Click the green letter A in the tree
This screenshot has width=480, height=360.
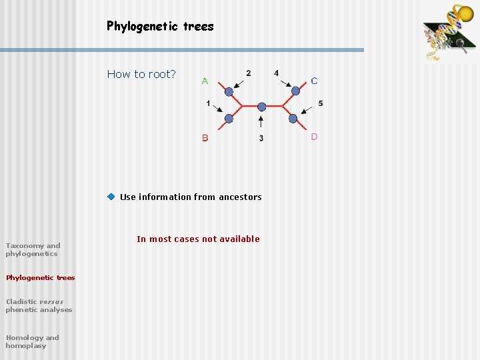(205, 81)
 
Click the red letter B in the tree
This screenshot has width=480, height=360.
(205, 138)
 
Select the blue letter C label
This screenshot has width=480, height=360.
(314, 81)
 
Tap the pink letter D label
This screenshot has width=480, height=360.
(314, 137)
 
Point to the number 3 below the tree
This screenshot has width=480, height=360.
(261, 138)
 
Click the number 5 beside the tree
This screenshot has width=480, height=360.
(321, 103)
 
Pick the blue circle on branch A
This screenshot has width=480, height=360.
(229, 91)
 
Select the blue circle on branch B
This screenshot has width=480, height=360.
(229, 119)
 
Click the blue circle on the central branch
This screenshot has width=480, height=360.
(261, 107)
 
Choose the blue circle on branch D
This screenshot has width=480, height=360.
(293, 119)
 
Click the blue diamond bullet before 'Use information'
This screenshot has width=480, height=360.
(111, 197)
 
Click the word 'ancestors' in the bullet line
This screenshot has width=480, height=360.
(241, 197)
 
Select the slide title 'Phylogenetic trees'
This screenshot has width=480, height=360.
(160, 27)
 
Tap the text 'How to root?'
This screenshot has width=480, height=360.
(141, 74)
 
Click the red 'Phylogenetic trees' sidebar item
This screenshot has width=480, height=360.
(40, 277)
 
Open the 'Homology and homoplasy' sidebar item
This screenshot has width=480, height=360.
(32, 341)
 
